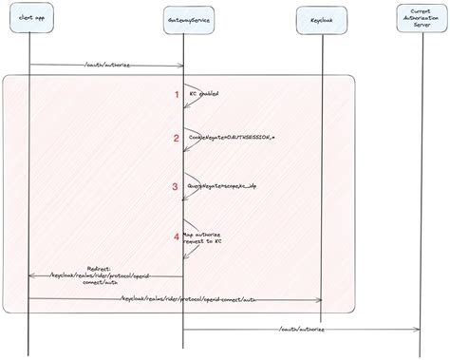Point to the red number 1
(x=175, y=94)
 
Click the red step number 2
(x=175, y=139)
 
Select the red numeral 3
(x=175, y=187)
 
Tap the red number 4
(x=175, y=235)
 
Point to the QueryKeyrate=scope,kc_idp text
(x=221, y=187)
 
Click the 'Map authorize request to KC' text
(x=206, y=240)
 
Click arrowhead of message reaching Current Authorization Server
(x=418, y=331)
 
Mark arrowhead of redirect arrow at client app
(x=33, y=275)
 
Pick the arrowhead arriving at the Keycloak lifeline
(x=319, y=300)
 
